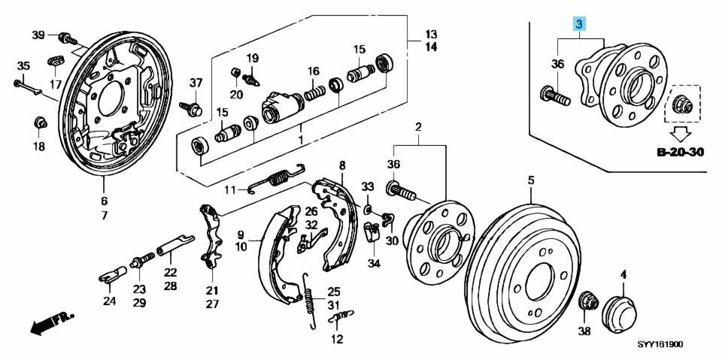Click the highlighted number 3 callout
coord(579,25)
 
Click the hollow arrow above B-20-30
coord(681,134)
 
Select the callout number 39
coord(38,35)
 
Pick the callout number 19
coord(252,58)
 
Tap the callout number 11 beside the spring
coord(231,188)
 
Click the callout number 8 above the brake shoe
coord(341,165)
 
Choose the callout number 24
coord(110,302)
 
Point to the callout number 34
coord(374,263)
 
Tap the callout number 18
coord(38,147)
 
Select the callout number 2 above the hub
coord(418,126)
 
